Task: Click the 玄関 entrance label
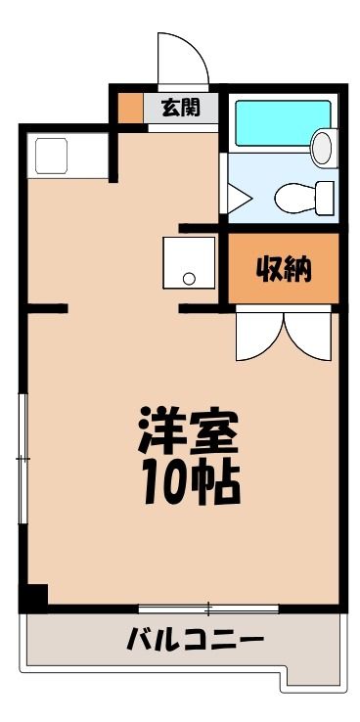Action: click(x=180, y=109)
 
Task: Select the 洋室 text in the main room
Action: click(x=188, y=430)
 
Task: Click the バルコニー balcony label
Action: click(x=196, y=640)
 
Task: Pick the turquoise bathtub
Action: click(x=283, y=123)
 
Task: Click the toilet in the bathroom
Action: click(x=304, y=198)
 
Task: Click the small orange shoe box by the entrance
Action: click(x=130, y=109)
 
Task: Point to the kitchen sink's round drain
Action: click(x=189, y=278)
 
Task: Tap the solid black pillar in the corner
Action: click(x=33, y=598)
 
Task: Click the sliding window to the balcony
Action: click(x=208, y=609)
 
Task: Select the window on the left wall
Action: click(x=22, y=459)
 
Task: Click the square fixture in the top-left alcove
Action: click(x=52, y=156)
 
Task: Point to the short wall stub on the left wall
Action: click(x=47, y=308)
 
